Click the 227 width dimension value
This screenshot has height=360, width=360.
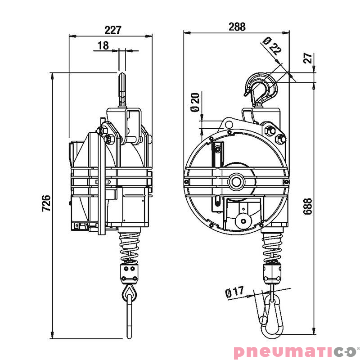[x=113, y=30]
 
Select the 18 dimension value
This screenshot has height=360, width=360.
[x=103, y=45]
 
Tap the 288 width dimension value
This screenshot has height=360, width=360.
[x=237, y=27]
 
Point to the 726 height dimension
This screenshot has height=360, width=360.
[x=45, y=203]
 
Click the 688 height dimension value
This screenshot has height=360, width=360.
[x=307, y=206]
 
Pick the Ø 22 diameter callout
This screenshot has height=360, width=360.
[x=272, y=45]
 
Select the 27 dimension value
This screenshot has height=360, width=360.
[x=308, y=58]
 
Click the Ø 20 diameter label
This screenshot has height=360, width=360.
[x=195, y=102]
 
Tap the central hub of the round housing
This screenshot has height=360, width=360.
[x=235, y=181]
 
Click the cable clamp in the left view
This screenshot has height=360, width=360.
[x=130, y=273]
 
